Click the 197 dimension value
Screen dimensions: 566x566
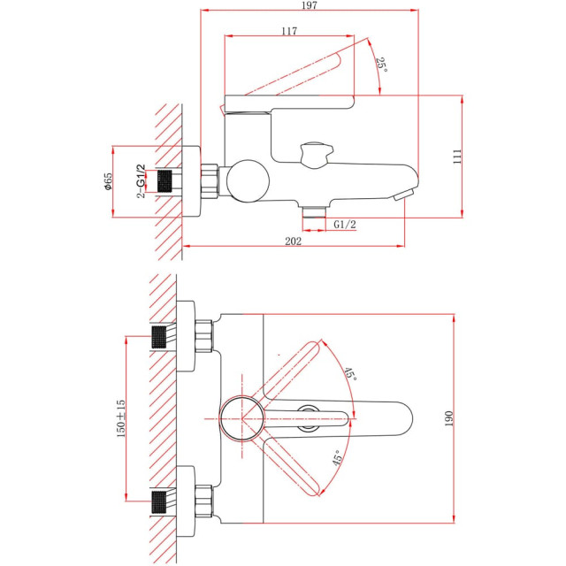310,5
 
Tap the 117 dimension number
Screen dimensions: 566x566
289,31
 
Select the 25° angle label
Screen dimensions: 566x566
381,65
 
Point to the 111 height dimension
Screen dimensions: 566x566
457,157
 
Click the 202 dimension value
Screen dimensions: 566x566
293,241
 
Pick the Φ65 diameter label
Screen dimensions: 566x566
108,181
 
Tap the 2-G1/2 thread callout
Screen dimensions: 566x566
141,181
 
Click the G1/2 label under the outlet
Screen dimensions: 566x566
345,225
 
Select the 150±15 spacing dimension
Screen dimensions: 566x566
121,418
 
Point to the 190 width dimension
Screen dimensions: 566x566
448,418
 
